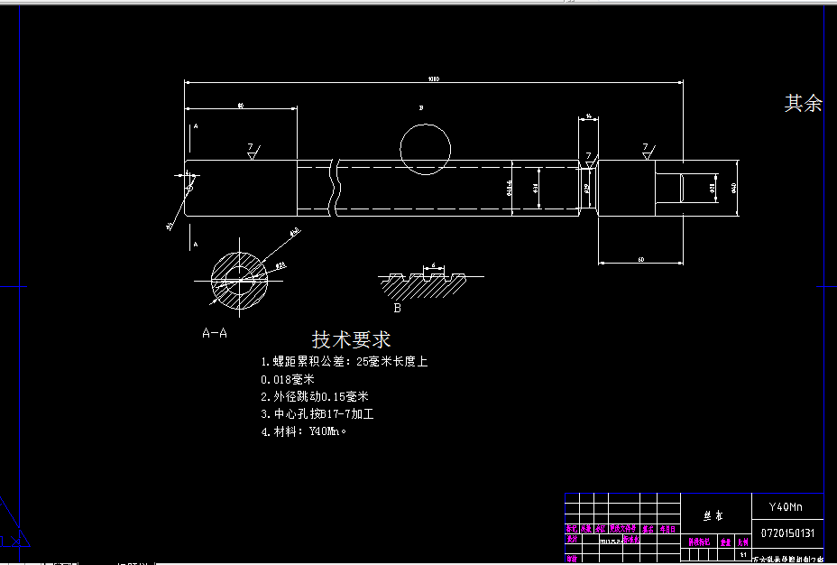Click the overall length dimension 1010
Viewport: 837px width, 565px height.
tap(433, 79)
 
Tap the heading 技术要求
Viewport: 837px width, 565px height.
tap(351, 339)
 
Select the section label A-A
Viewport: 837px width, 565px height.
tap(215, 332)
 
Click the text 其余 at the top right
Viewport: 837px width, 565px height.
tap(803, 104)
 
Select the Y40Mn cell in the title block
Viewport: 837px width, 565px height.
tap(786, 506)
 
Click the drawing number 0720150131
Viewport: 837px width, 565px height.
tap(787, 533)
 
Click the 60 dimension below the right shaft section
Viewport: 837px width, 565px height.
tap(640, 260)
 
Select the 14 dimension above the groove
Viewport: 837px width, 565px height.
tap(588, 116)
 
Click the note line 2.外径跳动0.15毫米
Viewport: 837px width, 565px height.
tap(315, 396)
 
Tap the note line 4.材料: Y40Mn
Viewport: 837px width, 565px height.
tap(303, 431)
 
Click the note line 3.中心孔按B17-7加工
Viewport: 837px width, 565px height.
tap(317, 414)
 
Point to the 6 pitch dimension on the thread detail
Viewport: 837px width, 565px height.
tap(434, 265)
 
